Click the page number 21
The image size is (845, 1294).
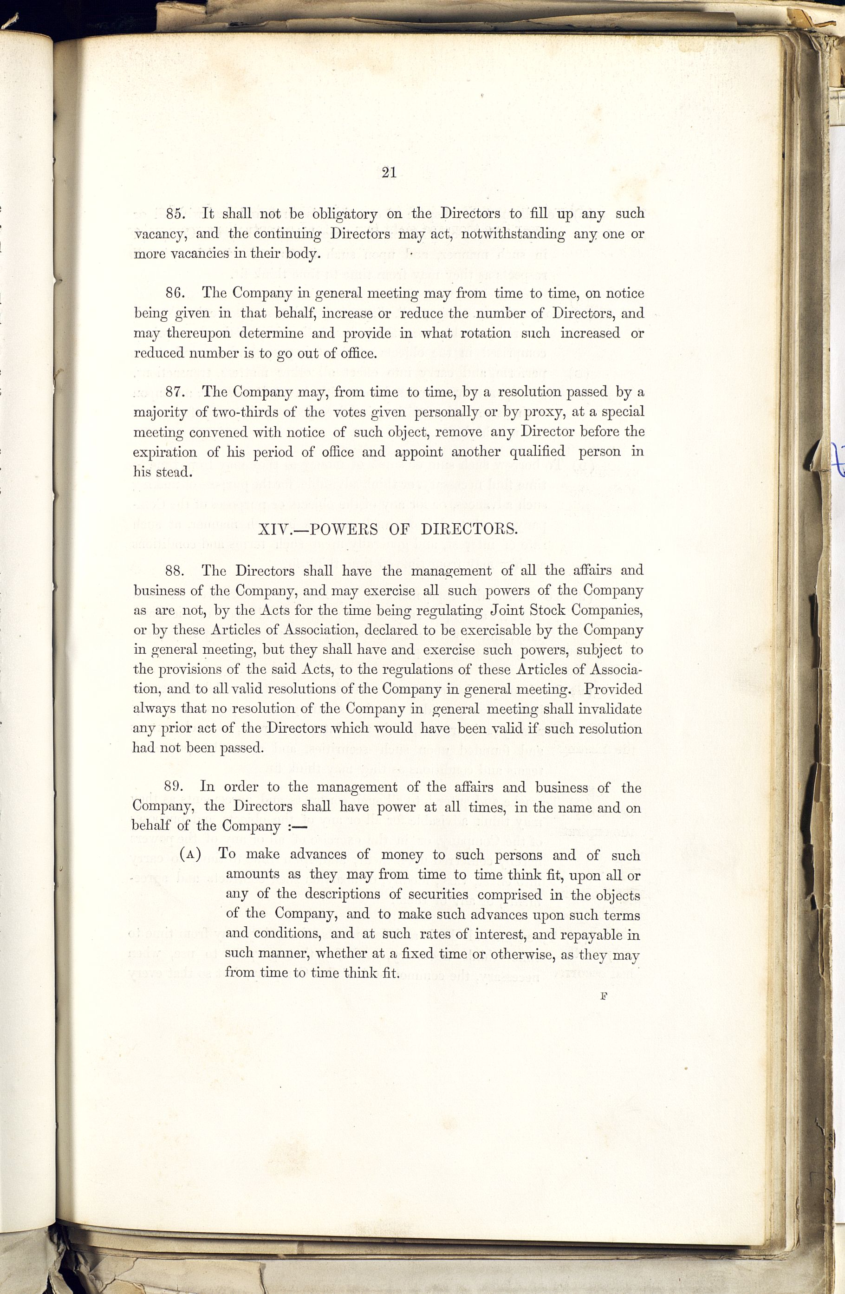click(x=389, y=173)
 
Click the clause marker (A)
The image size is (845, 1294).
click(x=191, y=854)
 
